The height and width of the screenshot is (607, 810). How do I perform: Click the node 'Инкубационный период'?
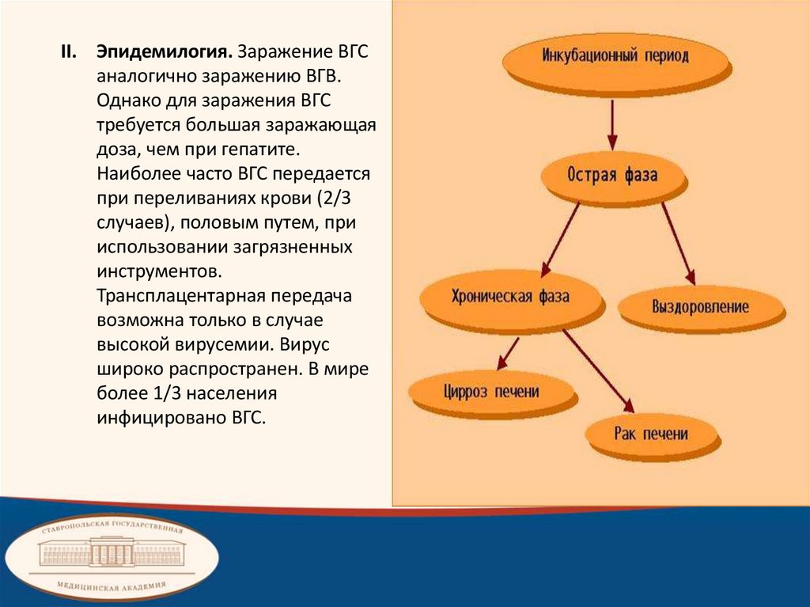point(615,57)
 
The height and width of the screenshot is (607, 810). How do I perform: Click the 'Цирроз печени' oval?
point(490,391)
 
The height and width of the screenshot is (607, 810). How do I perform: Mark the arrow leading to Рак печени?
point(598,371)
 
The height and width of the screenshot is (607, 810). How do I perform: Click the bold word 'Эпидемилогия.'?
point(165,51)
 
